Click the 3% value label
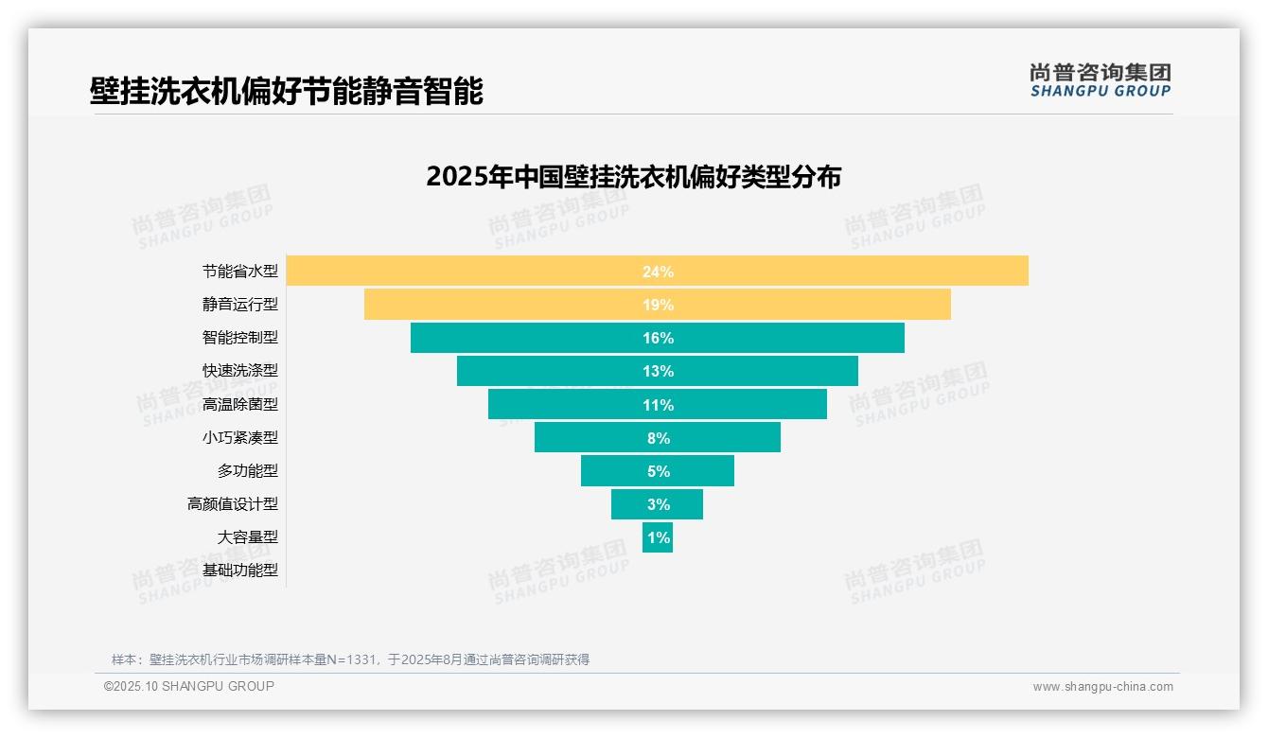coord(658,504)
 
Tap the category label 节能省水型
coord(240,271)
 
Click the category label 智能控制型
coord(240,338)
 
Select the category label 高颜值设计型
coord(233,504)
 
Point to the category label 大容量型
coord(248,537)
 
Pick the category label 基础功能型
coord(240,571)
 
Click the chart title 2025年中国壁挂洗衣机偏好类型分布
coord(633,177)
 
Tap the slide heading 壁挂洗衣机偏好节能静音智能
coord(286,92)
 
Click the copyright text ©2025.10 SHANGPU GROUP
coord(189,686)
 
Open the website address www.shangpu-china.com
coord(1102,687)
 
